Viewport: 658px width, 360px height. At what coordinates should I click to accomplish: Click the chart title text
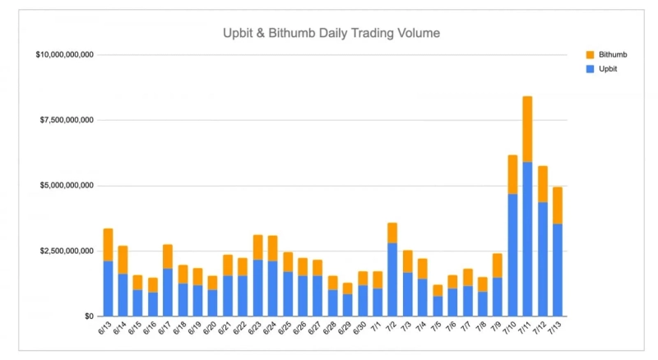(x=331, y=34)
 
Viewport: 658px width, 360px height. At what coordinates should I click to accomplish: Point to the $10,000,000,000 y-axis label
(x=65, y=55)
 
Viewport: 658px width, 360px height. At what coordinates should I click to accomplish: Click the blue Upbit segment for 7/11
(x=527, y=238)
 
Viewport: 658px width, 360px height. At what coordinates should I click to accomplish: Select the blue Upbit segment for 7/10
(x=512, y=255)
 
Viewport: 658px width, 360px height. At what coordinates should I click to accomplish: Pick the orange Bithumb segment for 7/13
(x=557, y=205)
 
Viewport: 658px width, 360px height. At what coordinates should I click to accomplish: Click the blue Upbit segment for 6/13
(x=108, y=288)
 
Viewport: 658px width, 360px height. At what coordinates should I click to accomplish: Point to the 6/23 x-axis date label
(x=255, y=332)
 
